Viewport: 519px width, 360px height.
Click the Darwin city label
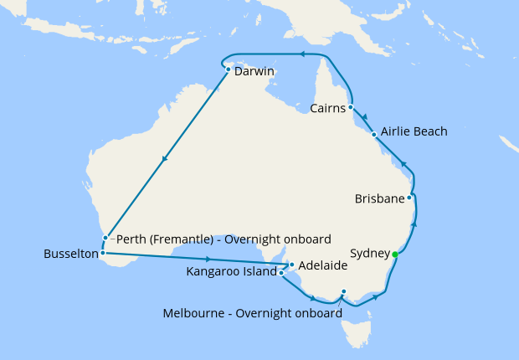coord(254,72)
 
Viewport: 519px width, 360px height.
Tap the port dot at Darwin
coord(228,69)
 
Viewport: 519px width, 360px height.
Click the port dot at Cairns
coord(351,107)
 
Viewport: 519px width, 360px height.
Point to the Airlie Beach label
coord(414,131)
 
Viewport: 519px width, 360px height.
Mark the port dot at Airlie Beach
coord(373,133)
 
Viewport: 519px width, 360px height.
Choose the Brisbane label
coord(380,198)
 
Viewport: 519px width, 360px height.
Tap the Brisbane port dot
coord(409,198)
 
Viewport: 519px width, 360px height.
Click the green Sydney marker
coord(394,254)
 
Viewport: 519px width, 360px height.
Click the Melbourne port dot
coord(343,292)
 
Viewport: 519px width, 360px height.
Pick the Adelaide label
coord(323,265)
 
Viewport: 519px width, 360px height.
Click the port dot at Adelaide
coord(291,265)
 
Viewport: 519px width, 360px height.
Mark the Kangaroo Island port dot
coord(282,273)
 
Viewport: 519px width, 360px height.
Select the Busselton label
coord(70,251)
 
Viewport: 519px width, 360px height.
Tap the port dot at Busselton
coord(102,252)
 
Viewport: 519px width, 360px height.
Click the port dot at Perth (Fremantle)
coord(105,238)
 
